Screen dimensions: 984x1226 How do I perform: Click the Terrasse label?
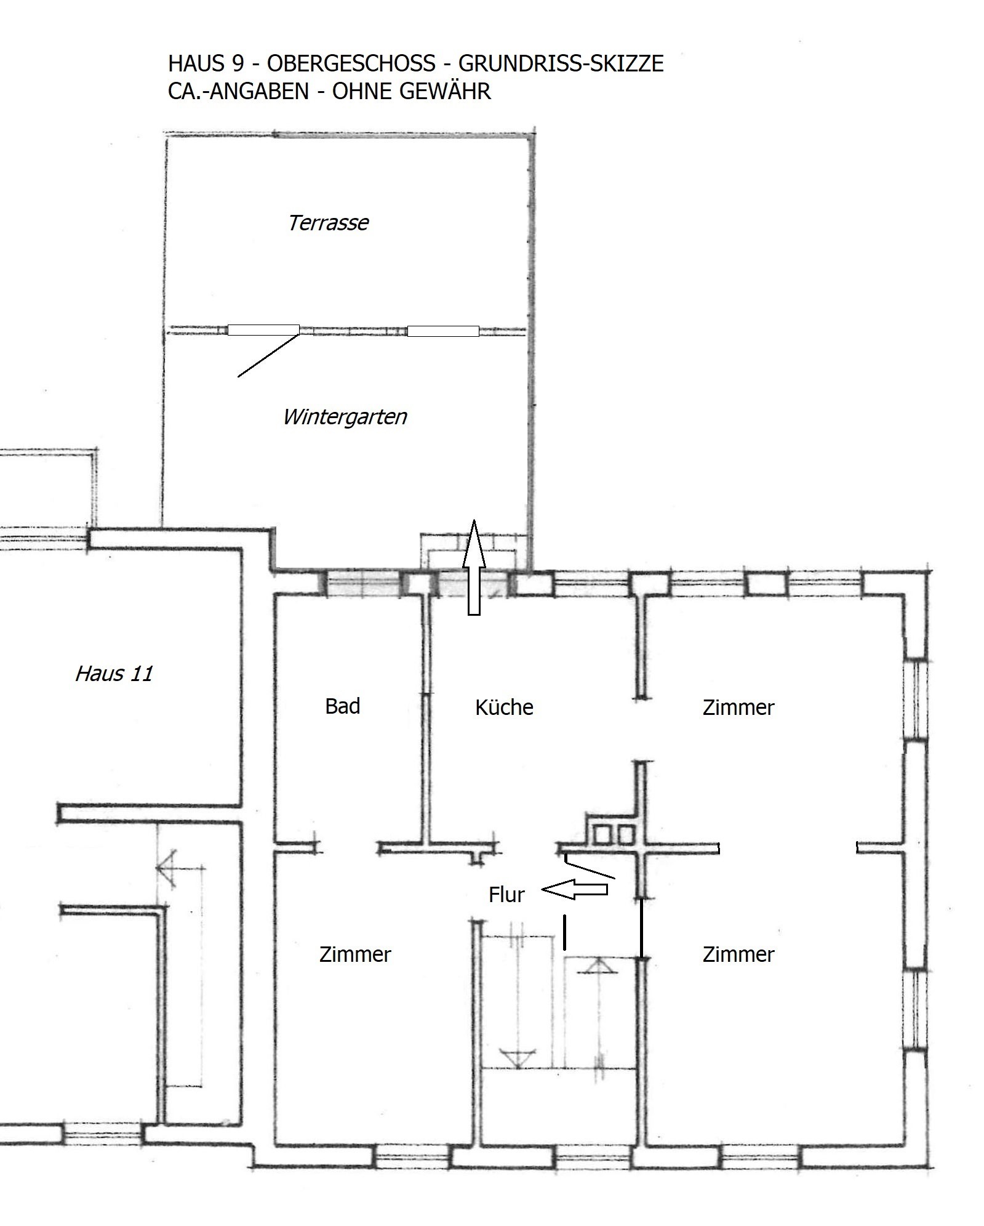(329, 223)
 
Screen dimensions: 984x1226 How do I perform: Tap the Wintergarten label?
(345, 417)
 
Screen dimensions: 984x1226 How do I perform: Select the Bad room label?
(342, 706)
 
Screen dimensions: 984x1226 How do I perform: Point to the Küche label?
(504, 707)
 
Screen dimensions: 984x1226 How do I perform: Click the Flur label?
(506, 895)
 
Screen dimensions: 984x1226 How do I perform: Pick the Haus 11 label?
(114, 674)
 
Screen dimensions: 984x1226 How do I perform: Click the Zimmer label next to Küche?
(738, 708)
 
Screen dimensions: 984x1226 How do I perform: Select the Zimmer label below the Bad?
(355, 954)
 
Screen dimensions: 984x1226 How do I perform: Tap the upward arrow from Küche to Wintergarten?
(474, 568)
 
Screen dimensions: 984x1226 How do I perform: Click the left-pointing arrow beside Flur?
(574, 889)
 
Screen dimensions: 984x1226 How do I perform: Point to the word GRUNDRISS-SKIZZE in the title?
(561, 63)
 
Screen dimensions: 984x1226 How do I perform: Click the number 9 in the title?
(238, 63)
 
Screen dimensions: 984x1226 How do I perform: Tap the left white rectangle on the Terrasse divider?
(263, 330)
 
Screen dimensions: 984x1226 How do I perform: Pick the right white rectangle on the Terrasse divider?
(443, 331)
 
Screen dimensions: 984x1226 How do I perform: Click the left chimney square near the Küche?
(601, 834)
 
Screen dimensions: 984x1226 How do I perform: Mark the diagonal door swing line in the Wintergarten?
(268, 355)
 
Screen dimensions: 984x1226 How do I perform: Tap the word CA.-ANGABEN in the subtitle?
(238, 91)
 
